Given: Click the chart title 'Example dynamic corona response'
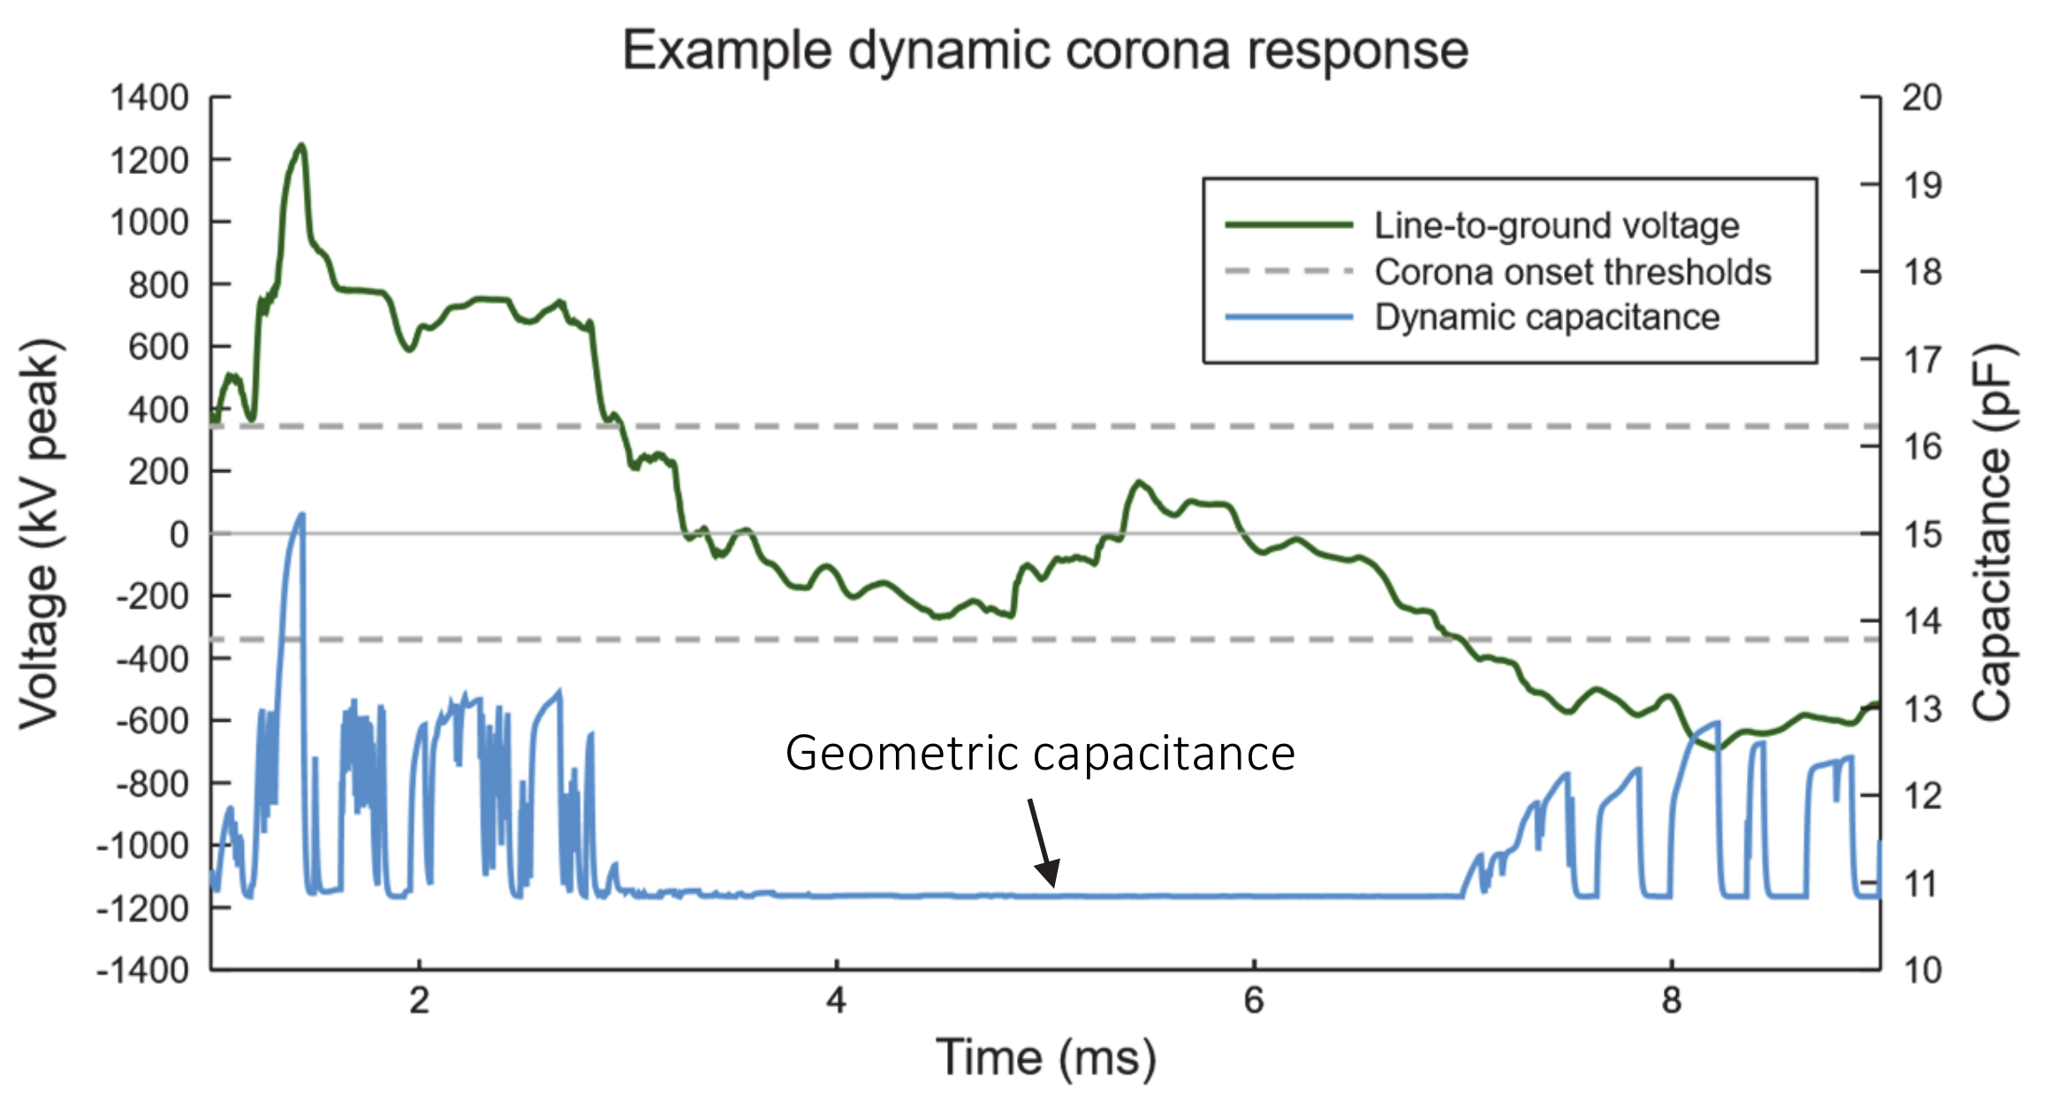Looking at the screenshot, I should point(1045,50).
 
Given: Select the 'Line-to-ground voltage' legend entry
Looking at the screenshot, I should point(1556,226).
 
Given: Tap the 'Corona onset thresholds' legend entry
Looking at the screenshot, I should point(1572,272).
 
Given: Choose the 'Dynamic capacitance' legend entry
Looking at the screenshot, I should point(1546,317).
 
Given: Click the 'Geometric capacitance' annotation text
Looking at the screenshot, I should point(1040,754).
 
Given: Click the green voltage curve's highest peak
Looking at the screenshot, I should point(301,146).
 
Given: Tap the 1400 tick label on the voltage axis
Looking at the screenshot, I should point(148,97).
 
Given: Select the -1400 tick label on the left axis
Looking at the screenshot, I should point(143,970).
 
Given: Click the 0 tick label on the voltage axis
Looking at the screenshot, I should point(178,535).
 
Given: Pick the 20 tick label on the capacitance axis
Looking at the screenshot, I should point(1922,97).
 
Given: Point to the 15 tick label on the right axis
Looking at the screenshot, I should point(1922,535).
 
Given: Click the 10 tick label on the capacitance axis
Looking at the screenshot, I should point(1922,970).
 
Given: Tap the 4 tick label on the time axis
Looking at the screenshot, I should point(836,1001).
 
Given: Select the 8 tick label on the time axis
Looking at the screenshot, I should point(1671,1001).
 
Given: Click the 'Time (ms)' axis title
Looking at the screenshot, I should point(1045,1058).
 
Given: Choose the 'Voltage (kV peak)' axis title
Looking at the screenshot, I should point(40,534).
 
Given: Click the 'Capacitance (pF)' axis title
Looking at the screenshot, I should point(1993,534).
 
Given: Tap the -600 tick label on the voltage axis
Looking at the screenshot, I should point(152,721).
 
